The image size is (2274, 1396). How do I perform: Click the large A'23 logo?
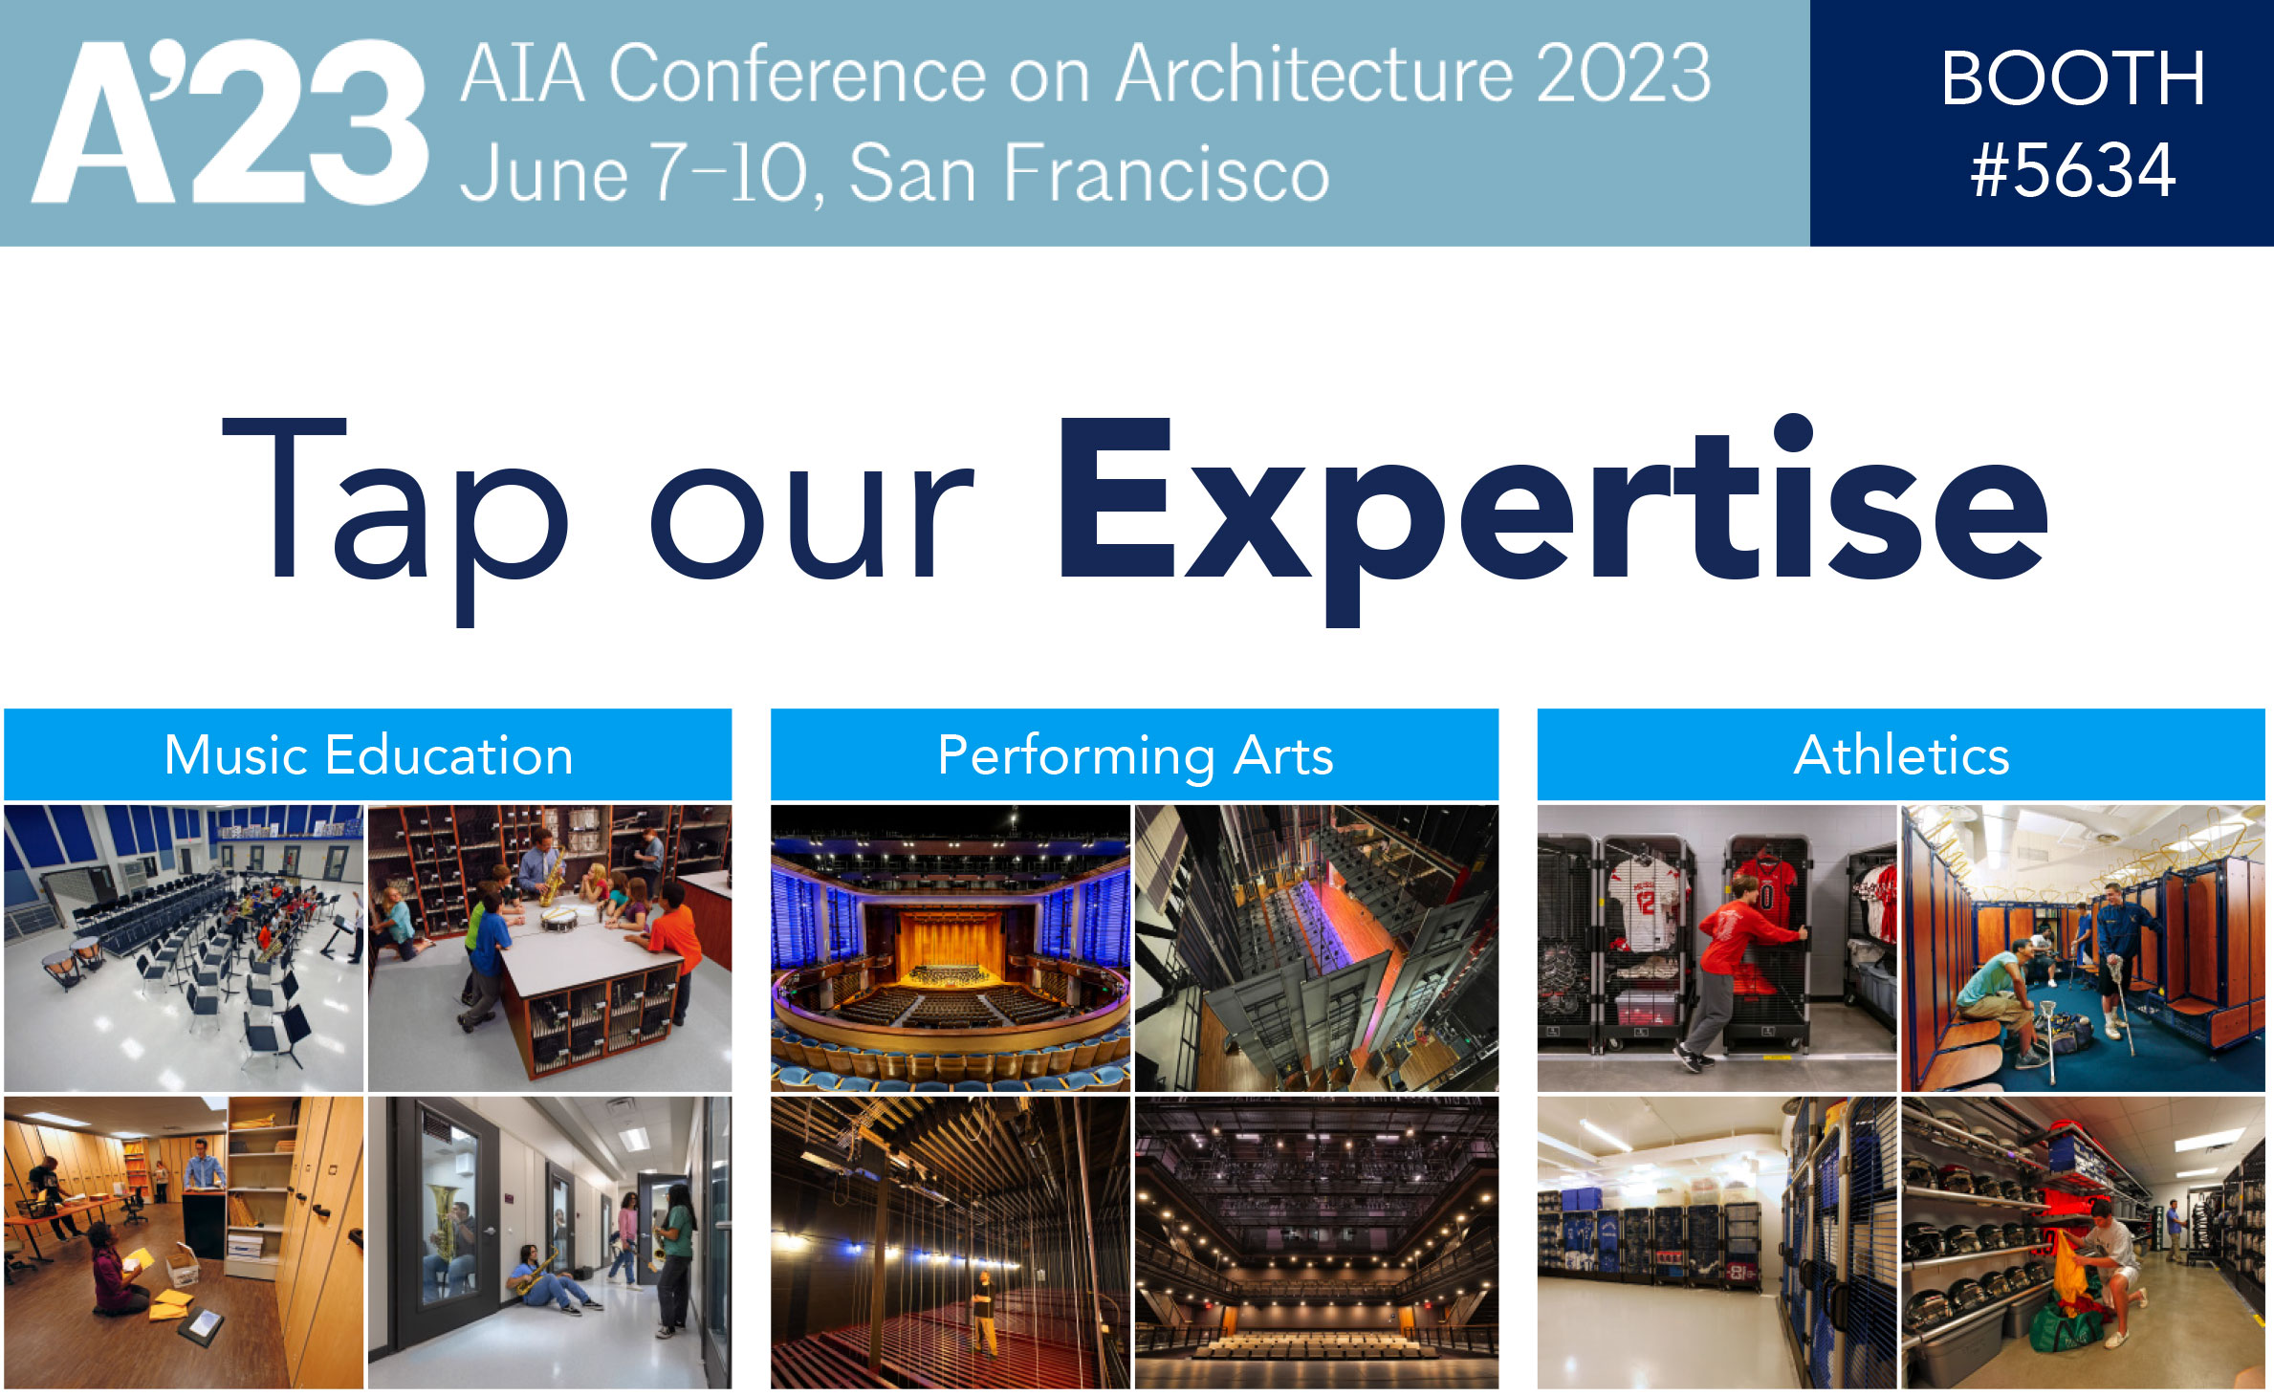click(230, 121)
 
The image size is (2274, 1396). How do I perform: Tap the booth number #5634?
click(2073, 170)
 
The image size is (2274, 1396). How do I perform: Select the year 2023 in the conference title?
click(1624, 73)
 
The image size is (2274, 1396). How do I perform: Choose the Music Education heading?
click(368, 755)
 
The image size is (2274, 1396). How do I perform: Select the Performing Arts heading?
click(1135, 756)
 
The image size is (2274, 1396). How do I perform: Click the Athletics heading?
click(1901, 755)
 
